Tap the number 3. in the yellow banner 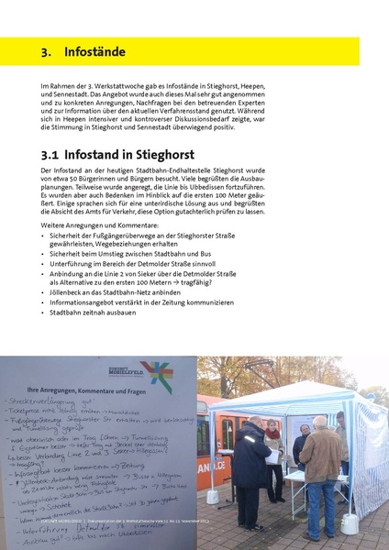click(x=47, y=51)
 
